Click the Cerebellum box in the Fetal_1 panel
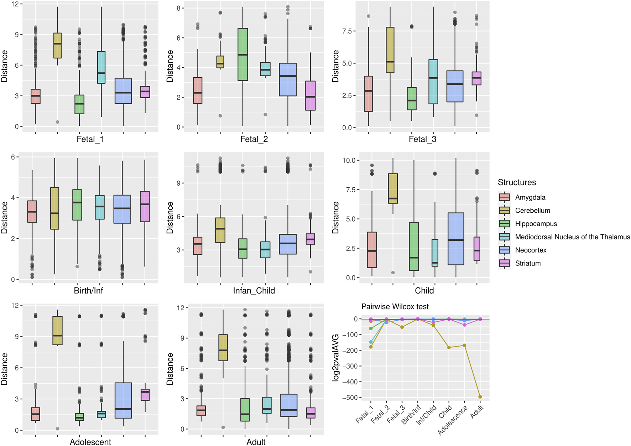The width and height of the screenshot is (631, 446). coord(57,45)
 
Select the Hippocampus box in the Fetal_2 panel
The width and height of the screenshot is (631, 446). coord(243,54)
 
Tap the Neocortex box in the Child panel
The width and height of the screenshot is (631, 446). coord(456,239)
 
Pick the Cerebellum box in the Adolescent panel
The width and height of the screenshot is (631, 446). coord(57,330)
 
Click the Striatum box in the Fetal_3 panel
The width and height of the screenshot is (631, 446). coord(476,78)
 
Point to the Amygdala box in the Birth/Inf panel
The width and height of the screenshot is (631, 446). coord(32,212)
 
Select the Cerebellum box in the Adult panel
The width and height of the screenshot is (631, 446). coord(223,348)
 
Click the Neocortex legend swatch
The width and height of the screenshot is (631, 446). coord(504,250)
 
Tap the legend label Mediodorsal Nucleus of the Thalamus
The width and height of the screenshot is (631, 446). coord(572,237)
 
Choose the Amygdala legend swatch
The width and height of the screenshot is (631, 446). coord(504,197)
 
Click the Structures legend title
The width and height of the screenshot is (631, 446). coord(517,182)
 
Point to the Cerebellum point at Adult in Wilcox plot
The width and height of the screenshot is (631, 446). coord(480,397)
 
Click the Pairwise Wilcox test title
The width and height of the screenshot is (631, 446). coord(395,307)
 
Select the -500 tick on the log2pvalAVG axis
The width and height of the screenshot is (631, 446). coord(350,398)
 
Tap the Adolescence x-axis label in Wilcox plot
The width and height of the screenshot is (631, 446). coord(453,420)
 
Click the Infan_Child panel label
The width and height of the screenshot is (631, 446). coord(254,291)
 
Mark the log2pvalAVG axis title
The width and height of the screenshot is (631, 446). coord(335,358)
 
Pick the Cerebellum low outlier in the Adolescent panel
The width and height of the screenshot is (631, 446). coord(57,429)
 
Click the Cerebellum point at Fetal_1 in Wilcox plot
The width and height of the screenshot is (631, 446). coord(371,347)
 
